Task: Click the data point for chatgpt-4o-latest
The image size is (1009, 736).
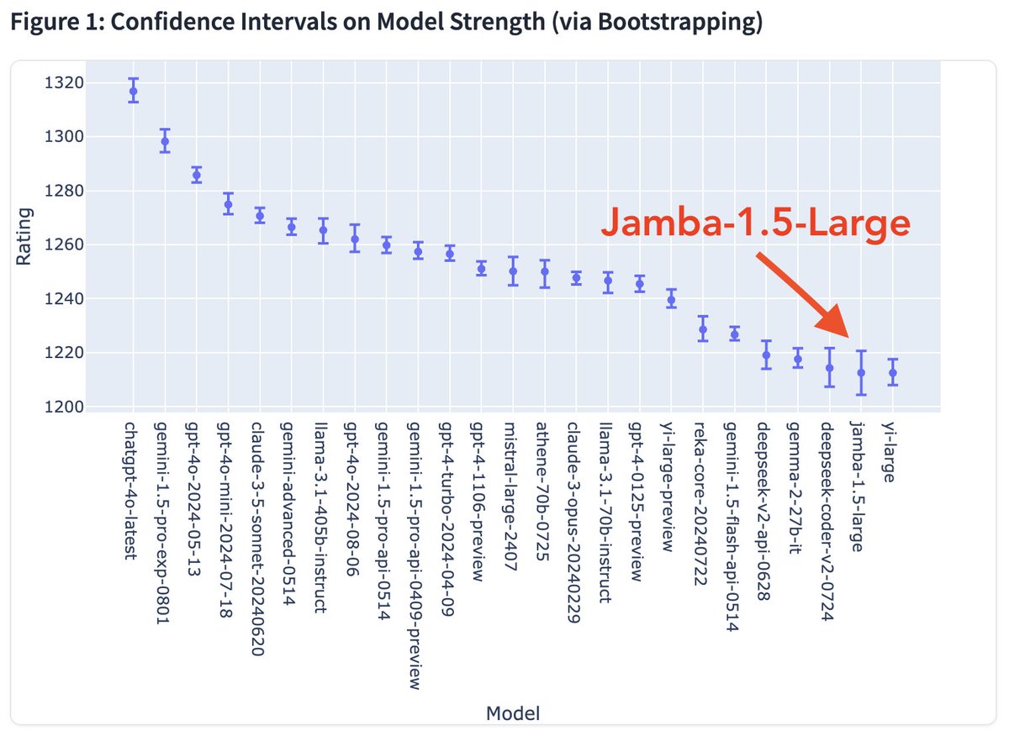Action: pos(133,91)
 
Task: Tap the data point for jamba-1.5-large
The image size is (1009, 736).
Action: pos(861,372)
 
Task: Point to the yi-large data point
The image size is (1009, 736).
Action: pos(893,372)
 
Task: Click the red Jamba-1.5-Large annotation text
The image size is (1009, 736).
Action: pos(755,223)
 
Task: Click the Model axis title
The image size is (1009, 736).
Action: pos(513,713)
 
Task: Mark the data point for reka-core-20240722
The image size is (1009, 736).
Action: pos(703,330)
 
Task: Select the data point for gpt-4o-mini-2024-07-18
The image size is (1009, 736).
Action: pos(228,204)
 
